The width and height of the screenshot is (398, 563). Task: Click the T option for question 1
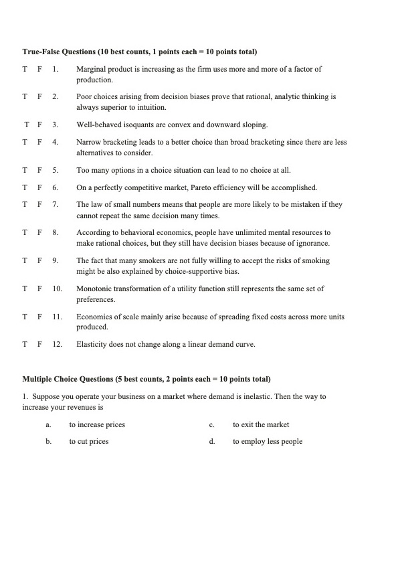coord(25,70)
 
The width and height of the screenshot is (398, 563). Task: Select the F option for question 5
coord(39,170)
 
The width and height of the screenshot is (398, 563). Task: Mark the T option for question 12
coord(25,344)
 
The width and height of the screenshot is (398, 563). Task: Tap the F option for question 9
coord(39,260)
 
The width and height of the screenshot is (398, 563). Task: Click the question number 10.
coord(57,289)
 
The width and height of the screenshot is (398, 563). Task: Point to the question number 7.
coord(55,204)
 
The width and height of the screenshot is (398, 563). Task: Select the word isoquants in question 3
coord(136,125)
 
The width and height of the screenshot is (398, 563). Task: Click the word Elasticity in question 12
coord(91,344)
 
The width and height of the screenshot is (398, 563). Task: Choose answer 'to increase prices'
coord(97,424)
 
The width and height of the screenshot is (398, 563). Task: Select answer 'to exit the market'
coord(261,424)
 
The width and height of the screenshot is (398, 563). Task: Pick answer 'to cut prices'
coord(89,441)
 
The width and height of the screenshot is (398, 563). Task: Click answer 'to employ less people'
coord(268,441)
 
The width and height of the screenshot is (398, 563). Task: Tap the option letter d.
coord(211,441)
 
